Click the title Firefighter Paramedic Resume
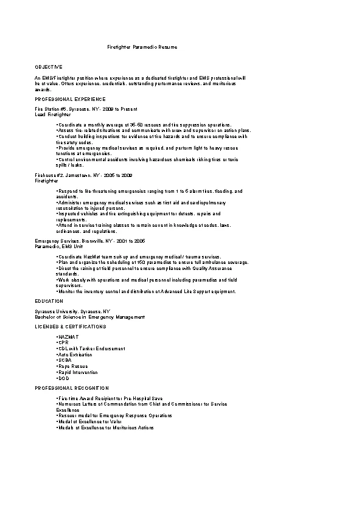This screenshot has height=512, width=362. pos(142,47)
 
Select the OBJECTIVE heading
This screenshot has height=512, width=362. pos(49,66)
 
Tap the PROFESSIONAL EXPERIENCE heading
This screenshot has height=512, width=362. pos(70,99)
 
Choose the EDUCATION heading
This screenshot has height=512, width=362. pos(49,300)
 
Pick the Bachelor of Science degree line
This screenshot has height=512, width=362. pos(90,316)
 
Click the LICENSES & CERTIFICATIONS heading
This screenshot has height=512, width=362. pos(70,327)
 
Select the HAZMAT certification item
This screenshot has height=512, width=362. pos(68,336)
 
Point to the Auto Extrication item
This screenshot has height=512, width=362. pos(75,354)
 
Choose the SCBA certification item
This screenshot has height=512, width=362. pos(65,360)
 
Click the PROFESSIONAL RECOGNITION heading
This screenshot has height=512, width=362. pos(72,387)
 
